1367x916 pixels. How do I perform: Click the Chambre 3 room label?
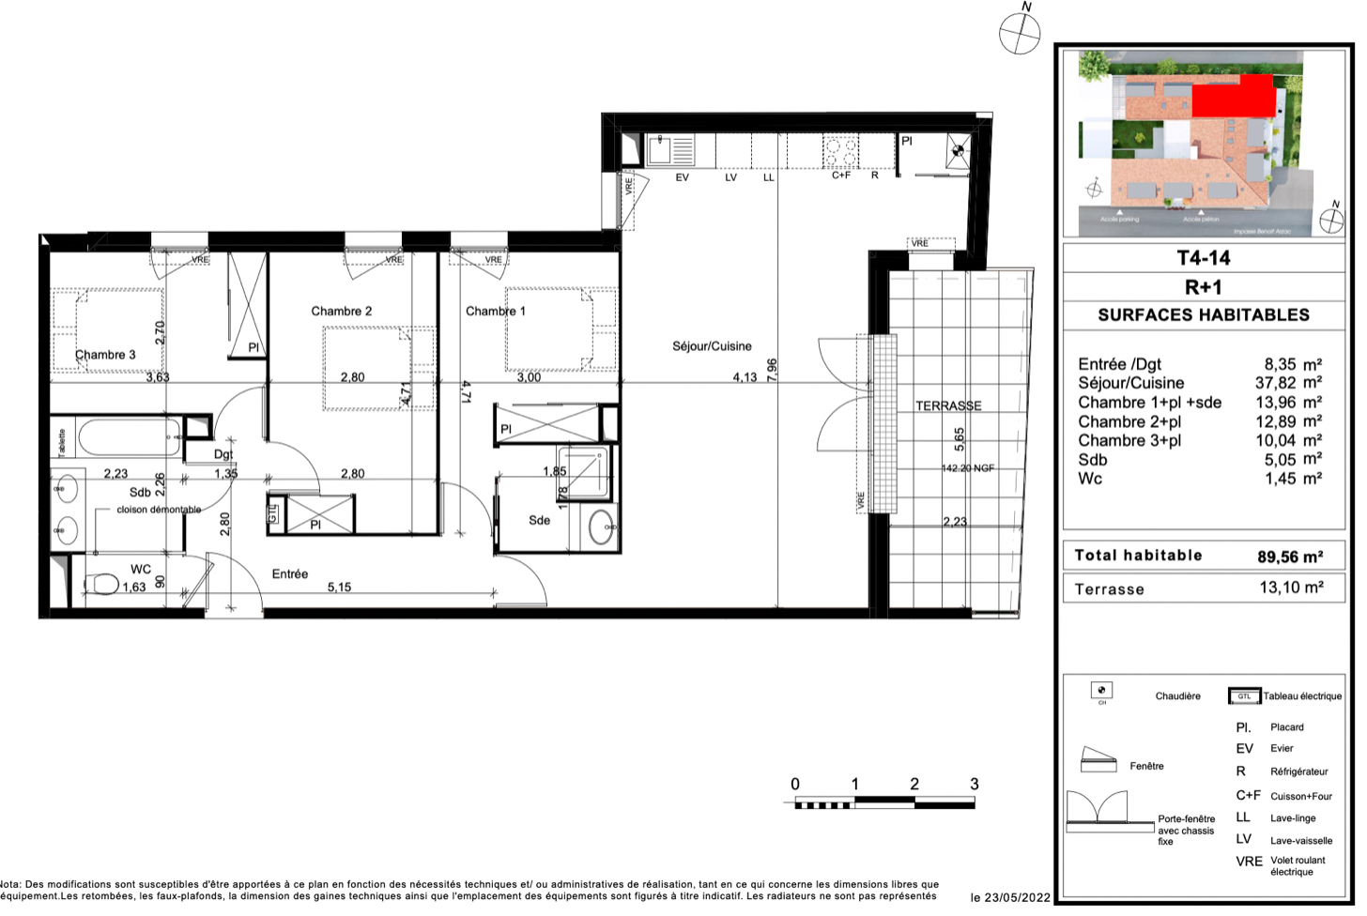pos(105,355)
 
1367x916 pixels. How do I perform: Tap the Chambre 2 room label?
pos(341,311)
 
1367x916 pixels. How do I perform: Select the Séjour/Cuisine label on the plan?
pos(712,346)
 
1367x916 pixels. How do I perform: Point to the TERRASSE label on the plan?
pos(948,405)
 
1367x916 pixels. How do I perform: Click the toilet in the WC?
pos(103,585)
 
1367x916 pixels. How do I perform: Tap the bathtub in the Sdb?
pos(129,437)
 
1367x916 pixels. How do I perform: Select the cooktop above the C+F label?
pos(840,150)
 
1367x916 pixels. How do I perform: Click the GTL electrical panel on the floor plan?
pos(273,513)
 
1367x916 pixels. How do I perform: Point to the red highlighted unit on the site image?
pos(1233,97)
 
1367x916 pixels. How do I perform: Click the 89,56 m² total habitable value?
pos(1290,557)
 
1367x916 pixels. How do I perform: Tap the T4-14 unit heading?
pos(1203,258)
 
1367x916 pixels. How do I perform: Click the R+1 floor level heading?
pos(1203,287)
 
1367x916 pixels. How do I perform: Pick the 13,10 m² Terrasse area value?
pos(1291,588)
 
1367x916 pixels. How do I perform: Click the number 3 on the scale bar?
pos(974,784)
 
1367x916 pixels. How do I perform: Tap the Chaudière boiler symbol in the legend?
pos(1102,692)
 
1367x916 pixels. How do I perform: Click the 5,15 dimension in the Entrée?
pos(339,588)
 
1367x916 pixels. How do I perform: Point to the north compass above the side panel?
pos(1020,34)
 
